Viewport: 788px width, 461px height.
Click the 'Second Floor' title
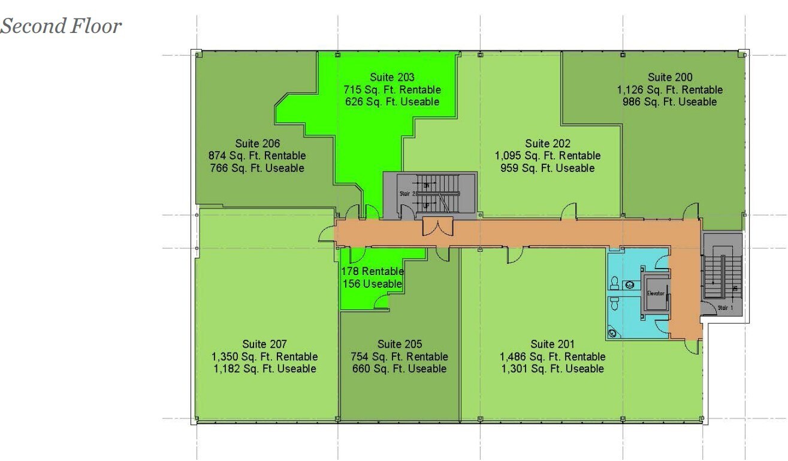click(61, 26)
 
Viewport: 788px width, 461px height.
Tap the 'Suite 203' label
click(392, 77)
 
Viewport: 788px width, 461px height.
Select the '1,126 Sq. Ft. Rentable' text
click(670, 90)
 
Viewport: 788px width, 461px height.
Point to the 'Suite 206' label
click(257, 143)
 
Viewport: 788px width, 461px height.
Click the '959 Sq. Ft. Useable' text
click(547, 168)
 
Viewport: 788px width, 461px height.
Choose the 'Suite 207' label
click(264, 344)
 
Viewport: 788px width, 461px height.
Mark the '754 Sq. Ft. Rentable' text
click(399, 357)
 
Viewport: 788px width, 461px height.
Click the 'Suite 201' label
click(552, 344)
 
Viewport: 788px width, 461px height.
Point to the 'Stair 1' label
click(725, 308)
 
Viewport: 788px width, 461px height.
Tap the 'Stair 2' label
click(407, 194)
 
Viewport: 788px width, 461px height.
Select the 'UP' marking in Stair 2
click(427, 205)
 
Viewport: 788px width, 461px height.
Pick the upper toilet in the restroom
click(615, 281)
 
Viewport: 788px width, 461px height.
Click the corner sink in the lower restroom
click(612, 332)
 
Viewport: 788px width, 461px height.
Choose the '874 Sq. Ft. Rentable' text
click(257, 156)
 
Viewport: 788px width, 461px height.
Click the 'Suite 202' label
click(547, 143)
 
